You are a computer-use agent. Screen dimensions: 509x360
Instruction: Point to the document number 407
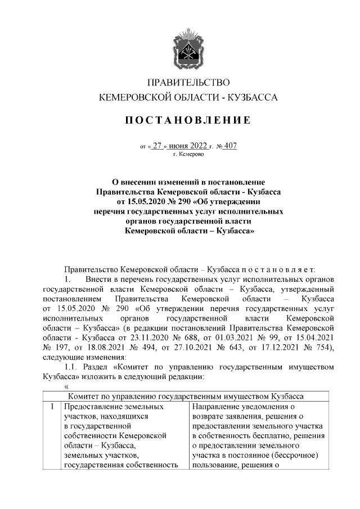click(x=229, y=146)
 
